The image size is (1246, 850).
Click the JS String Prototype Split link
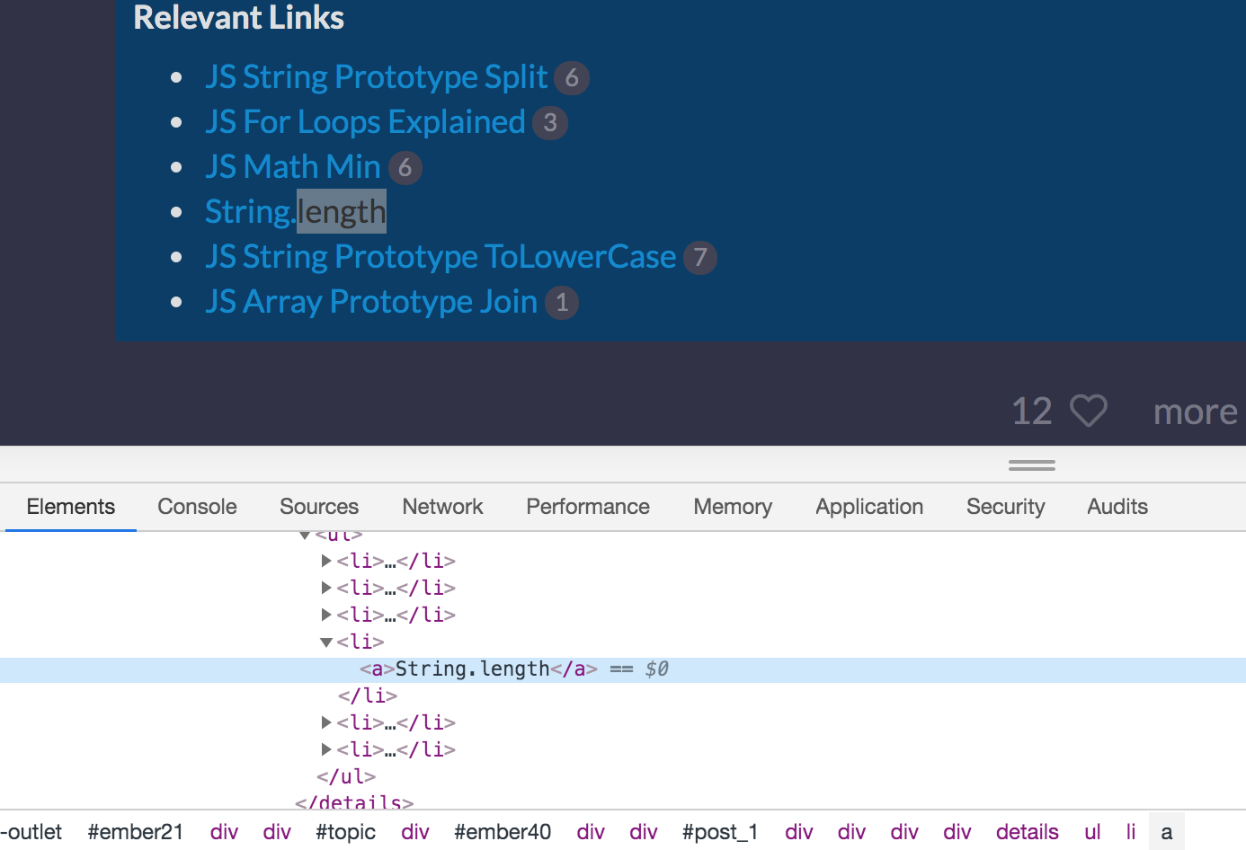[376, 77]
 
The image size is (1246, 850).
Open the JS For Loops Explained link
[365, 122]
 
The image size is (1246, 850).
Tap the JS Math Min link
[293, 167]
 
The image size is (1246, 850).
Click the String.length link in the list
[295, 212]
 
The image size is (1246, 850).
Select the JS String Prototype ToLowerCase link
[441, 257]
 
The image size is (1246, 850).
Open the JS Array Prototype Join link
[371, 302]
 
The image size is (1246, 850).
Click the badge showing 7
[699, 258]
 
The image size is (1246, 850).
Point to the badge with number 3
[550, 123]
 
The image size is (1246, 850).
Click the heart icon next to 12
[1089, 412]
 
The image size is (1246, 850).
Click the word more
[1195, 412]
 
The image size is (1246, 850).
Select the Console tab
[197, 507]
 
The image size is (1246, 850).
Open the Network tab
[442, 507]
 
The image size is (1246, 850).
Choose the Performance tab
[588, 507]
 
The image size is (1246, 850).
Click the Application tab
[869, 507]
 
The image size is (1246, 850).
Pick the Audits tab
[1117, 507]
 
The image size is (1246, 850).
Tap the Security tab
[1005, 507]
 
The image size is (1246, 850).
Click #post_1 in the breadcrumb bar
[719, 832]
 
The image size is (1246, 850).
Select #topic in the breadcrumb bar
[345, 832]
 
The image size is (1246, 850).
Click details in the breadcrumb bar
[1027, 832]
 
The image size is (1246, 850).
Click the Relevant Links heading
[238, 18]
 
